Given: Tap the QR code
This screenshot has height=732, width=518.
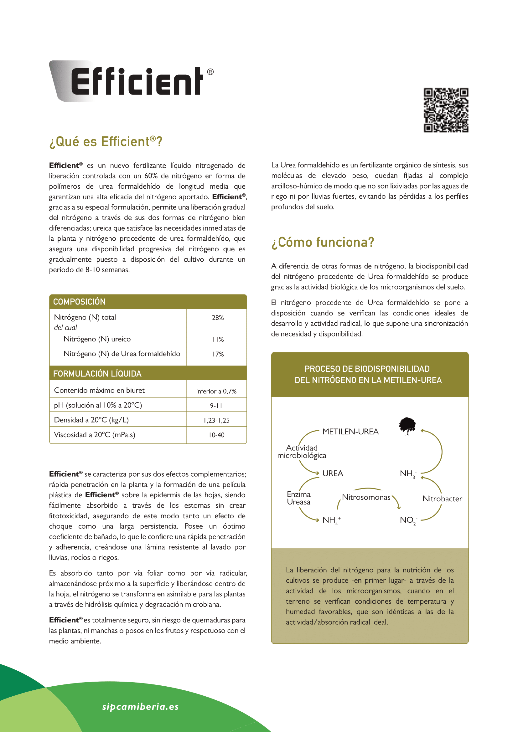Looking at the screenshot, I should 446,110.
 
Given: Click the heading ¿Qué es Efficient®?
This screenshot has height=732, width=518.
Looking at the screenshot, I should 106,141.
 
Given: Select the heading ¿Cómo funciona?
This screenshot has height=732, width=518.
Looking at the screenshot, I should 323,242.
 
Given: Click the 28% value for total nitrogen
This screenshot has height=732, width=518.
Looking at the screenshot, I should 218,318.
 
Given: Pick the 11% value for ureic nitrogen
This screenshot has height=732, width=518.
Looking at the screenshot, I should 218,339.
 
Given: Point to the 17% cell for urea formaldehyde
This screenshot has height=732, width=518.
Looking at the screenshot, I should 218,354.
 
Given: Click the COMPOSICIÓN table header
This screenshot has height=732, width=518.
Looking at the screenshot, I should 80,302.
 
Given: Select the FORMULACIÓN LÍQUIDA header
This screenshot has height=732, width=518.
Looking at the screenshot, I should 97,374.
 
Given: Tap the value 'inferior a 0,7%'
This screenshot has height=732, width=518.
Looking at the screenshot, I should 216,391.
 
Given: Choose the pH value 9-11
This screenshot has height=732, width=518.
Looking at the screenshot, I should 216,406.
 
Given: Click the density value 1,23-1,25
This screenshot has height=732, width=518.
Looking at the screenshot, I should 216,420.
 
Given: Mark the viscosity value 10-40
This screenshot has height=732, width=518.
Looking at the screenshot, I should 216,435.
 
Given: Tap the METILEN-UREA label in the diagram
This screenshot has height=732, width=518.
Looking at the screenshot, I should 350,432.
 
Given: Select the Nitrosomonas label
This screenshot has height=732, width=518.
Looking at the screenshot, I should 366,497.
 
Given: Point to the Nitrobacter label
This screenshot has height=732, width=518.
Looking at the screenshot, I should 442,499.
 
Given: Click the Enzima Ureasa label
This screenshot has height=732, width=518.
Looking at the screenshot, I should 298,498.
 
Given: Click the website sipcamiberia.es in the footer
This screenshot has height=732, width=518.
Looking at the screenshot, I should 140,707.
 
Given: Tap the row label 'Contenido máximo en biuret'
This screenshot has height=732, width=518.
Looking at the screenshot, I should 99,390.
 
